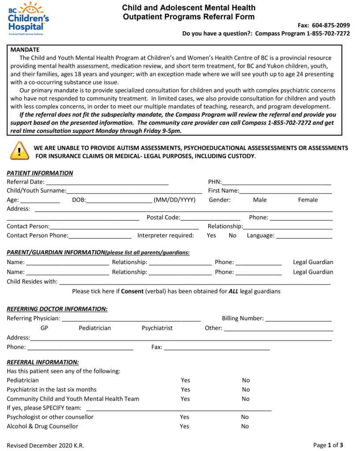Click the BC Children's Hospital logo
click(29, 18)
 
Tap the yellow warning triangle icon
click(19, 151)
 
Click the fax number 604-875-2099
click(330, 25)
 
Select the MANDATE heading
click(25, 50)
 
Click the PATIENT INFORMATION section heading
click(40, 173)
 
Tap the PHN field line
click(276, 183)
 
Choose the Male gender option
click(260, 200)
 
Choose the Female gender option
click(308, 200)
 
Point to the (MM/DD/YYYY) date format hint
click(174, 200)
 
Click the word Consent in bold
click(132, 291)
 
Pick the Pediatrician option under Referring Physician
click(95, 328)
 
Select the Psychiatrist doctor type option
click(157, 328)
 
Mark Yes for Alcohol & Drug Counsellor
click(184, 426)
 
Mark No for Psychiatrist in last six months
click(245, 389)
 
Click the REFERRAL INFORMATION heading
click(43, 362)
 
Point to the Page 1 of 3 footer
click(328, 445)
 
